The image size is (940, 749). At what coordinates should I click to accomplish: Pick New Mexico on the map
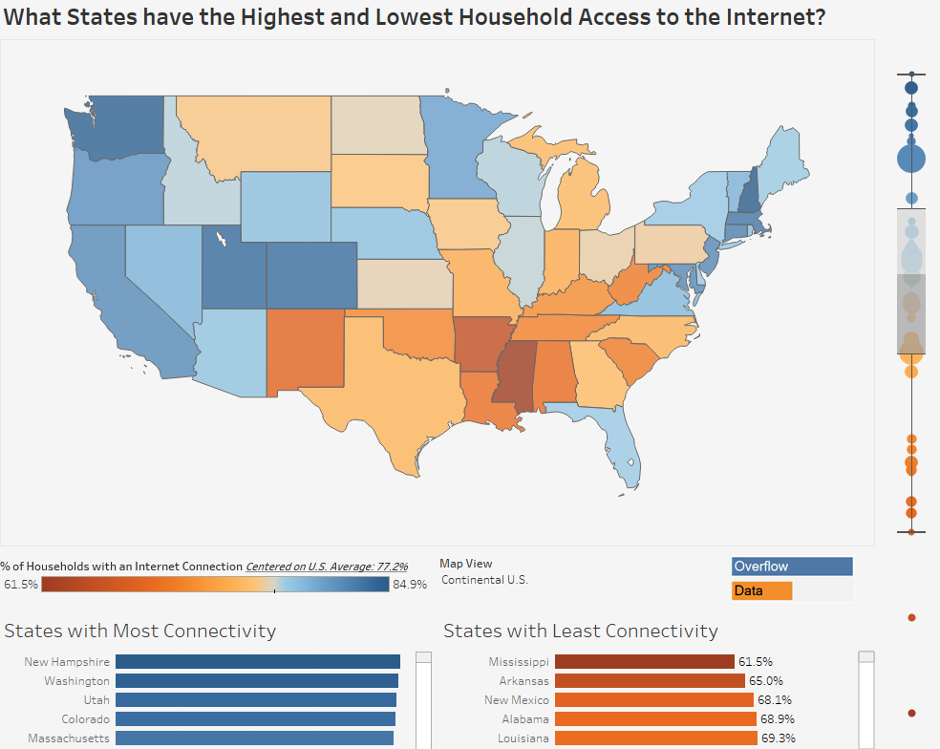pyautogui.click(x=304, y=349)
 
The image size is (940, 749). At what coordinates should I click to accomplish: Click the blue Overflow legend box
pyautogui.click(x=792, y=567)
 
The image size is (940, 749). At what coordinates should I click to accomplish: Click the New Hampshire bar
pyautogui.click(x=258, y=661)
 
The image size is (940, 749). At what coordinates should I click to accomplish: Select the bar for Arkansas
pyautogui.click(x=650, y=681)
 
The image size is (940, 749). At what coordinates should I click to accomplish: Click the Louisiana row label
pyautogui.click(x=523, y=738)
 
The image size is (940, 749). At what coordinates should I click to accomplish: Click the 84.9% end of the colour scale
pyautogui.click(x=410, y=585)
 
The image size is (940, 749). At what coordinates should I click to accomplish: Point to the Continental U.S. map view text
pyautogui.click(x=484, y=580)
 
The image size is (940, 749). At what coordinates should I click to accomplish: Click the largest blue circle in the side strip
pyautogui.click(x=911, y=158)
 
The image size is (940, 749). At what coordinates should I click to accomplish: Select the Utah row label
pyautogui.click(x=96, y=700)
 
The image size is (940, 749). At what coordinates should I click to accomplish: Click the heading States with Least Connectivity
pyautogui.click(x=580, y=631)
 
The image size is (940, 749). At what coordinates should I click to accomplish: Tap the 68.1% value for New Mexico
pyautogui.click(x=775, y=700)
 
